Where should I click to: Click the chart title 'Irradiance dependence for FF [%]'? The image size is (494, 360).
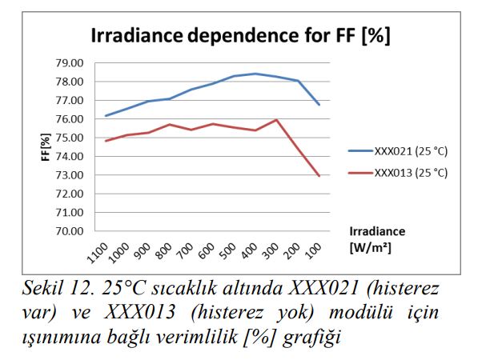pos(240,37)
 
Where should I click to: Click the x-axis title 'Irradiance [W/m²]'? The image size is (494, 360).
pos(376,239)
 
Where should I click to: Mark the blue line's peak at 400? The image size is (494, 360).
pos(255,74)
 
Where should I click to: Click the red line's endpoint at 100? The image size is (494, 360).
pos(319,176)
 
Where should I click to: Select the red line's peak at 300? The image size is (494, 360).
pos(276,120)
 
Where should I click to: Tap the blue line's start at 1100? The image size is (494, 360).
pos(105,116)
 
